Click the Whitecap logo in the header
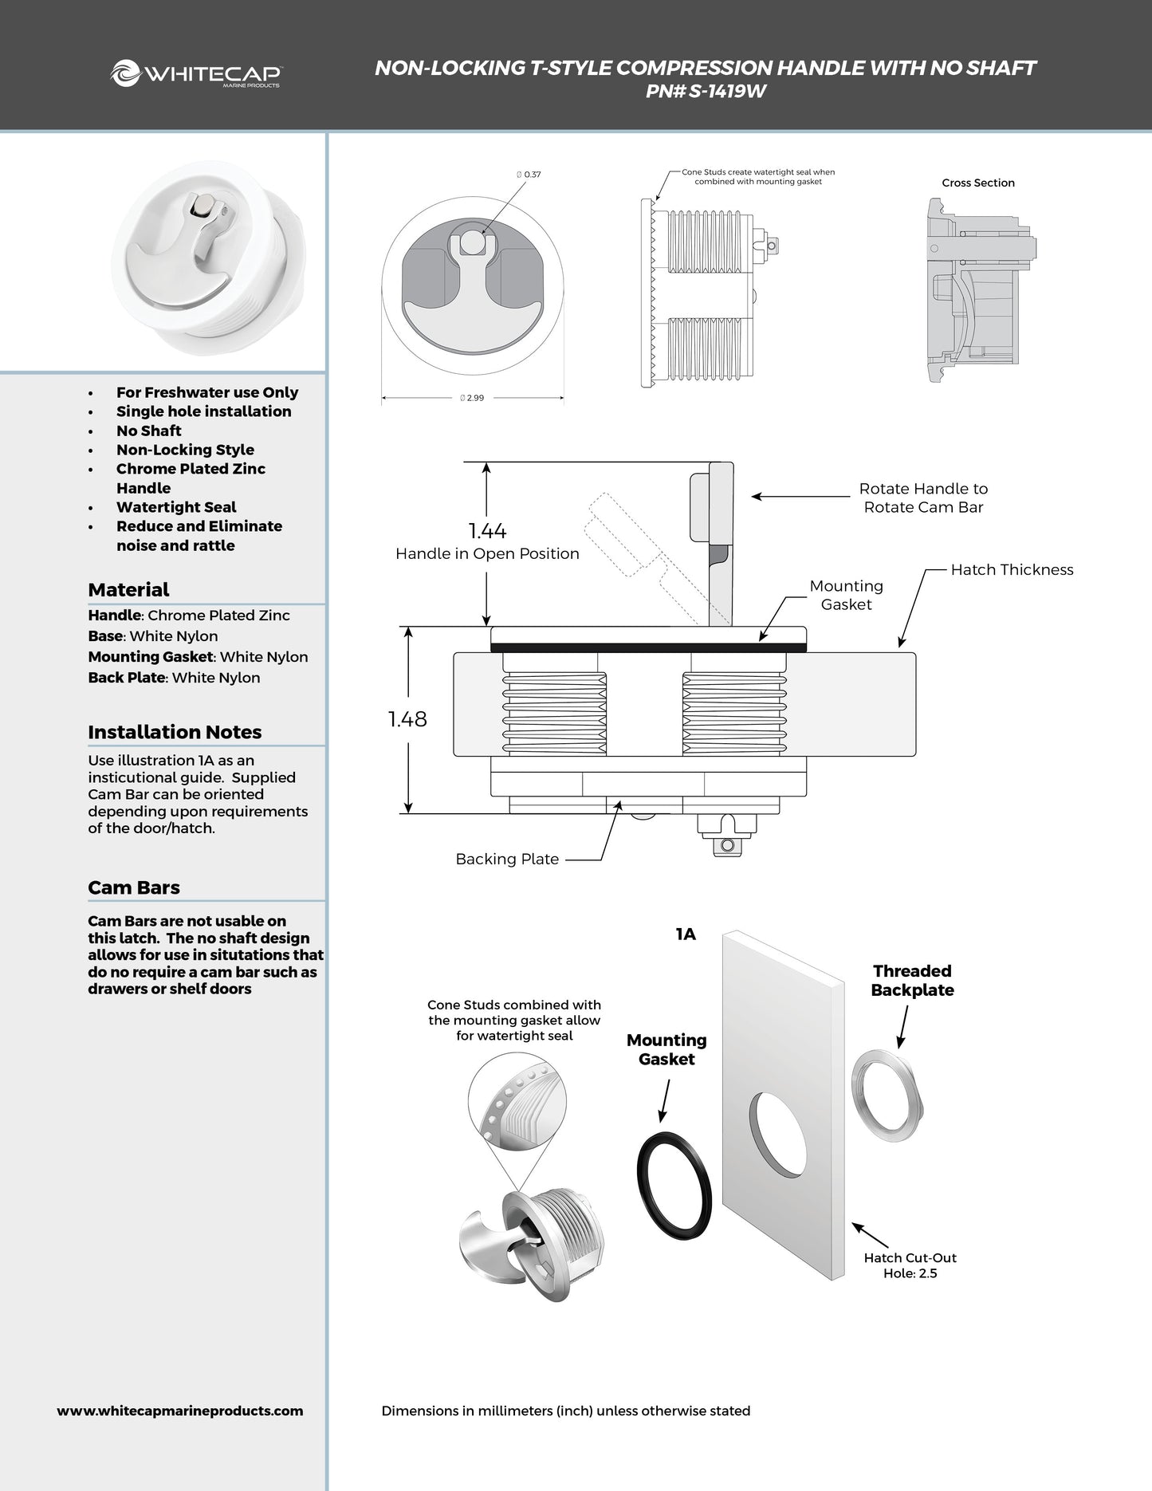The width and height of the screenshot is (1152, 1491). click(195, 74)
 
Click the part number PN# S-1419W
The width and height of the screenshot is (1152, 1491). click(706, 92)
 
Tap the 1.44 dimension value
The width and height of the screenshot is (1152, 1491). click(487, 531)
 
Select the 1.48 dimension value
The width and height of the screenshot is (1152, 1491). click(407, 719)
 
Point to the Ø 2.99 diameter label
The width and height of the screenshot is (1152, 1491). click(472, 398)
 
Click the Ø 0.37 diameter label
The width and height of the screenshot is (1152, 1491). click(529, 174)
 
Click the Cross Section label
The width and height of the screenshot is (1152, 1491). click(977, 183)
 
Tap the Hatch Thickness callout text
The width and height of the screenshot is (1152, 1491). click(1012, 569)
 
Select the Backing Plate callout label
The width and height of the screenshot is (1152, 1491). click(507, 859)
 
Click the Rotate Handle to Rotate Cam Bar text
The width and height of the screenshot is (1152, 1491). click(923, 498)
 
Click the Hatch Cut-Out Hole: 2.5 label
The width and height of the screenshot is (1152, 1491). click(910, 1265)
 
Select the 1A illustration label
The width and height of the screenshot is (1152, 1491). click(686, 934)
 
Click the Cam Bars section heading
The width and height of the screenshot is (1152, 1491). click(134, 887)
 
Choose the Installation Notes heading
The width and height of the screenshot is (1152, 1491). click(175, 732)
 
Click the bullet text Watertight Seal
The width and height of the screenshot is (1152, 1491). click(176, 507)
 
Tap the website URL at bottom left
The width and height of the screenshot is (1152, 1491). click(180, 1410)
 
